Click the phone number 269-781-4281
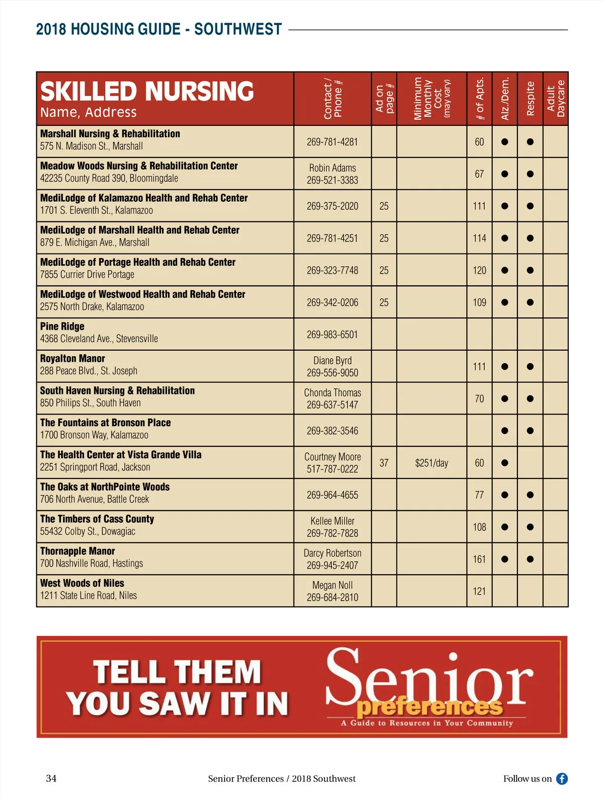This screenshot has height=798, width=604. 332,142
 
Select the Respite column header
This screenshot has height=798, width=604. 530,99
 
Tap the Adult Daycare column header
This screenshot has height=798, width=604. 556,99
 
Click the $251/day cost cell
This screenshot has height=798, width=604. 431,463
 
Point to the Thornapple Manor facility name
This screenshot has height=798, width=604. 78,551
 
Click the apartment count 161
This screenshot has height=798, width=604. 479,559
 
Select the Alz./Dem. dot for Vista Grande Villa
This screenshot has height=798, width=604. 504,463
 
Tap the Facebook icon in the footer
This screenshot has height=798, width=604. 562,778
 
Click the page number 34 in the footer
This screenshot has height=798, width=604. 51,778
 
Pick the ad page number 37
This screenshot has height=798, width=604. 384,463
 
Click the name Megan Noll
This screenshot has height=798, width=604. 332,585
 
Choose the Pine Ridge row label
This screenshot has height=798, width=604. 62,327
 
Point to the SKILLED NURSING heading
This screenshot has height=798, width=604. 147,92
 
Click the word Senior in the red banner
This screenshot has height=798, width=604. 429,677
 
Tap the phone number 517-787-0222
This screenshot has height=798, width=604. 332,469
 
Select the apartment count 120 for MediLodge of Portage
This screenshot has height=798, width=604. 479,270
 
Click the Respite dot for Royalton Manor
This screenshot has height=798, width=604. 530,366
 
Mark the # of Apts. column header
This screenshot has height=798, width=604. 480,99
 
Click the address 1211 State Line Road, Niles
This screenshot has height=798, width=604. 89,595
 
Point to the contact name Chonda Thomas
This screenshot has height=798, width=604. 332,392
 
